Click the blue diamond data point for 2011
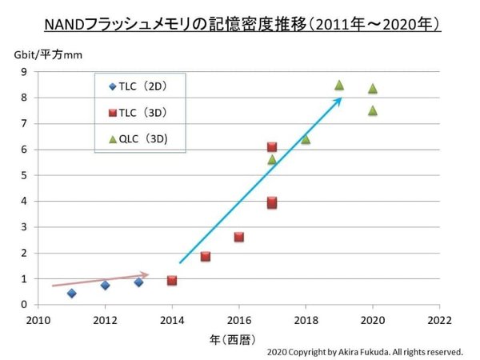(x=72, y=293)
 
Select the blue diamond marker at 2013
(x=138, y=282)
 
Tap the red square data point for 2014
(x=172, y=280)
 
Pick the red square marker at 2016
(x=239, y=237)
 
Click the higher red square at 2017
(x=272, y=146)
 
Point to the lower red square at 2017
(x=272, y=202)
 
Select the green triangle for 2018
(x=306, y=139)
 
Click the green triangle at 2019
(x=339, y=85)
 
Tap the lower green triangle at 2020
(x=373, y=110)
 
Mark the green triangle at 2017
(x=272, y=159)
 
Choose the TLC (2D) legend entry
(x=142, y=86)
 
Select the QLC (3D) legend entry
(x=142, y=138)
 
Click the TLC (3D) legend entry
(x=142, y=112)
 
